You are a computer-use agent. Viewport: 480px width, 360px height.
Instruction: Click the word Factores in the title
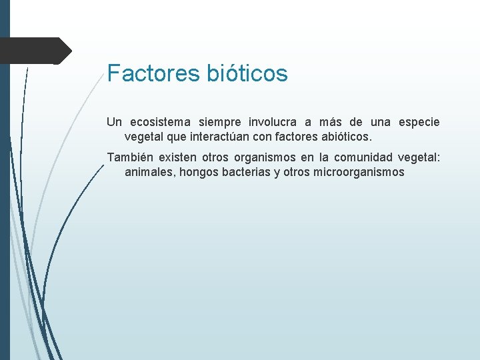153,73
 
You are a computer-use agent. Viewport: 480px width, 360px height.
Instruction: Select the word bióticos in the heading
247,73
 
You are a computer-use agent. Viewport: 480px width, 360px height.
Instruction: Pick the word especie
419,122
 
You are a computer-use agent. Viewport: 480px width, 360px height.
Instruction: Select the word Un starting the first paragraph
114,122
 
